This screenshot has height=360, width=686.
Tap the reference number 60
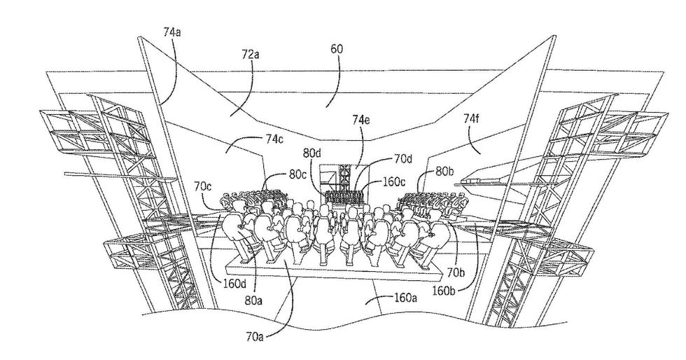pos(336,50)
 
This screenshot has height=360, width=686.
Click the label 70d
pos(402,158)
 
